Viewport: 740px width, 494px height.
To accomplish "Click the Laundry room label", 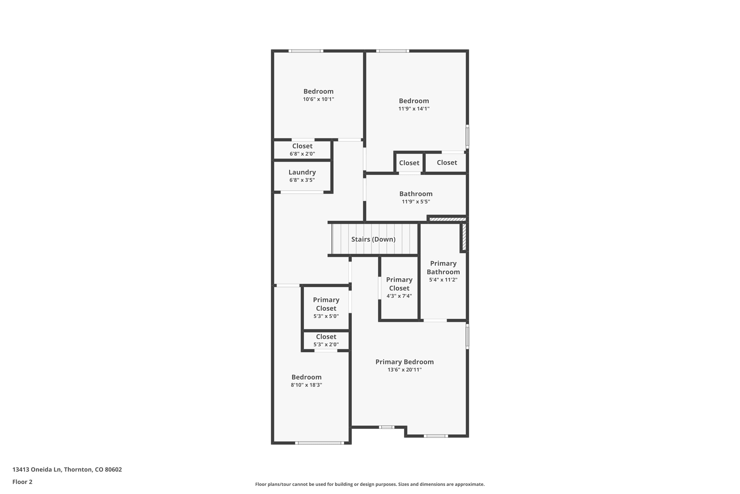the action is (302, 172).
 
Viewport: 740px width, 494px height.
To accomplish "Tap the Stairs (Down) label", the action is (373, 239).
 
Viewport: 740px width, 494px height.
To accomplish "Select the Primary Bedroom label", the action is (404, 362).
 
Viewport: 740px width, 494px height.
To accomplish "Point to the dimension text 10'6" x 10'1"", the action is (318, 99).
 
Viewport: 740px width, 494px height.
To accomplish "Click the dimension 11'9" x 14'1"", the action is (414, 109).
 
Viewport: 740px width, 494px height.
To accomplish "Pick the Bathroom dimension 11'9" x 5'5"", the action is (416, 202).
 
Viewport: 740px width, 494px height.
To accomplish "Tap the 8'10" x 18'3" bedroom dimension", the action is (306, 385).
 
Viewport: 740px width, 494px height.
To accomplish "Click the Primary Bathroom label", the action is (443, 268).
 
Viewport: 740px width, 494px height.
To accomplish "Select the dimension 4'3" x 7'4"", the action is (399, 296).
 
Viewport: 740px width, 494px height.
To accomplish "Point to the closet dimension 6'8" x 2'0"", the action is (302, 154).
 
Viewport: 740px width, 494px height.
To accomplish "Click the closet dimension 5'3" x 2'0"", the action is (326, 344).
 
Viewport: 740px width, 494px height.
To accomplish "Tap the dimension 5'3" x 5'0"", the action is (326, 316).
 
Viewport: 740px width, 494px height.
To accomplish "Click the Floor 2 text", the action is (22, 482).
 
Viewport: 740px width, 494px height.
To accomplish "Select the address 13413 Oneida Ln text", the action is (37, 470).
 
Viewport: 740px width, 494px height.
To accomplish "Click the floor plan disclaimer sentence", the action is (370, 484).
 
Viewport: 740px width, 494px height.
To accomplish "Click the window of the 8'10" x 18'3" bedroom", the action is (319, 443).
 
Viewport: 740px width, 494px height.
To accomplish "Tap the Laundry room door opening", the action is (302, 192).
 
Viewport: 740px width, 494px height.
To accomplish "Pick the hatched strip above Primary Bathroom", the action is (447, 219).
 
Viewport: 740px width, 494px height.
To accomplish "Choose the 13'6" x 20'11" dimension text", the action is (404, 370).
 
